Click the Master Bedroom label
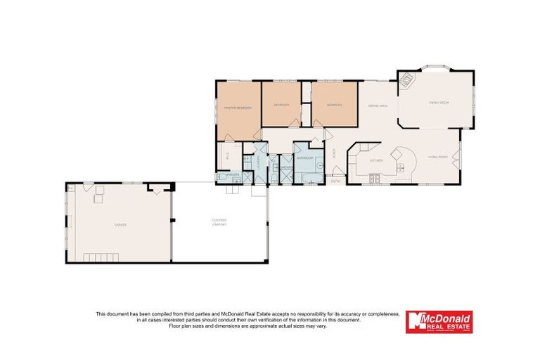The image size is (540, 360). (238, 108)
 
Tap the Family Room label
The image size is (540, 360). (439, 103)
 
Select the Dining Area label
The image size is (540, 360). (378, 105)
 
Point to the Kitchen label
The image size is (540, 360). (376, 161)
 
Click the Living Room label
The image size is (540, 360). (438, 158)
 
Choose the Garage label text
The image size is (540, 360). (120, 224)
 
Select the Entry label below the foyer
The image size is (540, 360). (335, 181)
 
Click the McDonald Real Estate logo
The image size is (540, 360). (439, 322)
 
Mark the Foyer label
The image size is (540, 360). (333, 153)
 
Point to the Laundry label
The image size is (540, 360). (259, 160)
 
